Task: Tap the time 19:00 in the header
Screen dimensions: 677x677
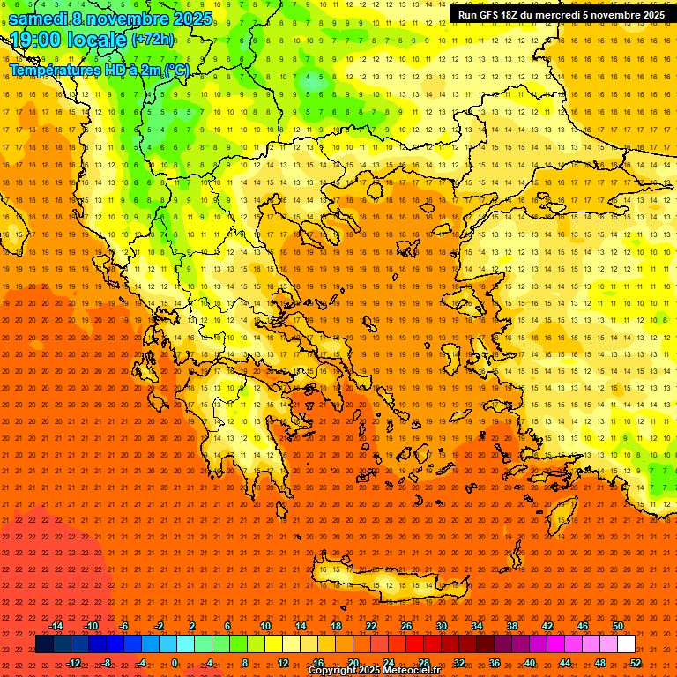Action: pyautogui.click(x=41, y=40)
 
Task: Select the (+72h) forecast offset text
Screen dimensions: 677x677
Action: pyautogui.click(x=153, y=40)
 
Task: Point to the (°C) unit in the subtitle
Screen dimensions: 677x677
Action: pyautogui.click(x=176, y=70)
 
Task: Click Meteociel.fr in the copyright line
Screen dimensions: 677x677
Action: pyautogui.click(x=405, y=671)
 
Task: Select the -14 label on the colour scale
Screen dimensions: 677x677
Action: pyautogui.click(x=56, y=626)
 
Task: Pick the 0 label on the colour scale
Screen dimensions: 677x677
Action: pyautogui.click(x=175, y=663)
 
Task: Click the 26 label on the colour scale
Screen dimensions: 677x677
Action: pyautogui.click(x=406, y=626)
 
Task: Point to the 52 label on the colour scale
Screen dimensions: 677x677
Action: pyautogui.click(x=636, y=663)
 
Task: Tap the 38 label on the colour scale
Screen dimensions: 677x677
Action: pyautogui.click(x=512, y=626)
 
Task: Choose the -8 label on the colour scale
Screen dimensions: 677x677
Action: pyautogui.click(x=106, y=663)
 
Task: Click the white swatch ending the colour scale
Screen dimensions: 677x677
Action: pyautogui.click(x=627, y=644)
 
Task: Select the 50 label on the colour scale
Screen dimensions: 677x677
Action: pyautogui.click(x=618, y=626)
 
